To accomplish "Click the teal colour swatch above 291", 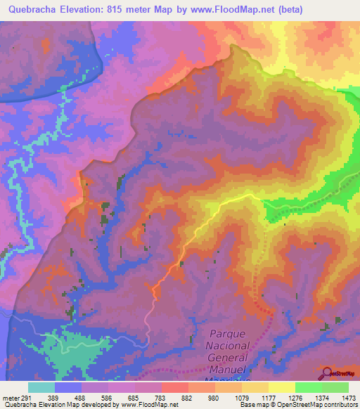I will (41, 387).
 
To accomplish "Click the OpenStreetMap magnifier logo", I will (328, 373).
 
